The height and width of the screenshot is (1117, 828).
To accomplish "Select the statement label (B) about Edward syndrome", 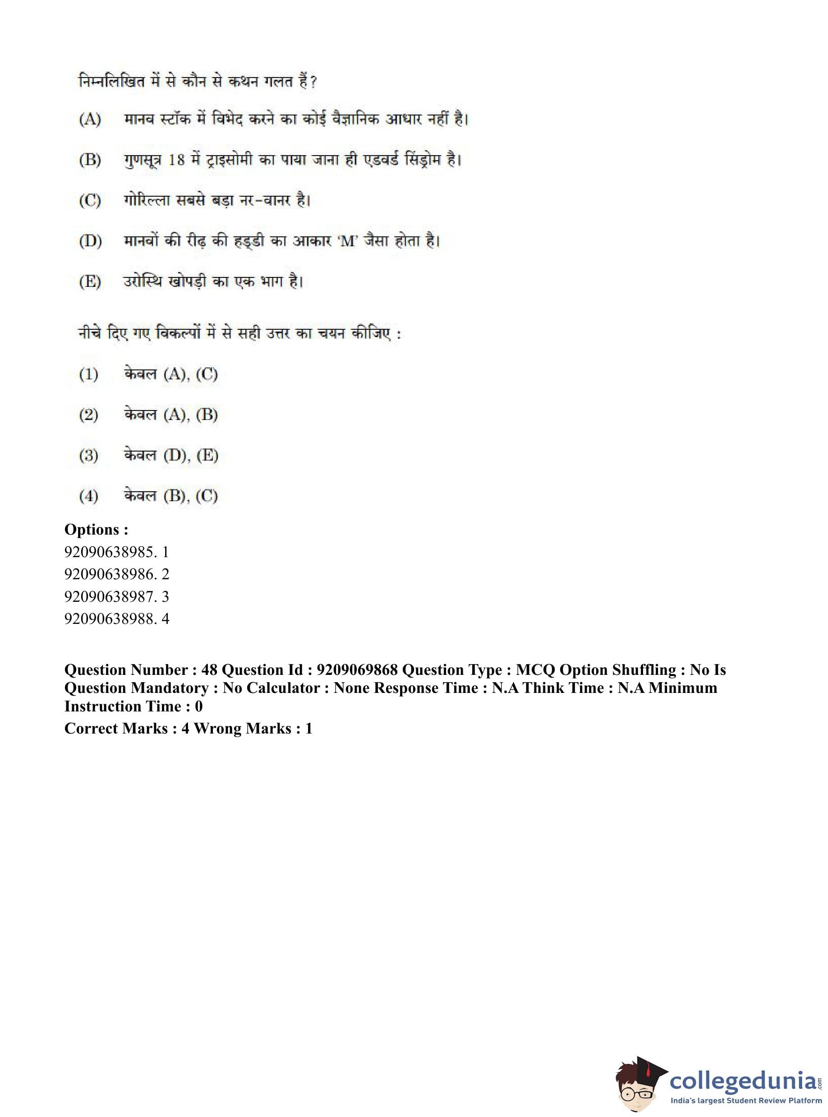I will [x=90, y=160].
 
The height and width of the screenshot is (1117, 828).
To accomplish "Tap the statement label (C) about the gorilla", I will [x=90, y=201].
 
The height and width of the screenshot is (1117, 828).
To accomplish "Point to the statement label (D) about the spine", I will [x=90, y=241].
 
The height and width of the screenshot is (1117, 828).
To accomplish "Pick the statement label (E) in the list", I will [x=90, y=282].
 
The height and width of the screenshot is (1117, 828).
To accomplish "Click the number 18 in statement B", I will [x=176, y=160].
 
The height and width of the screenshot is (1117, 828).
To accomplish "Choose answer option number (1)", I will [x=89, y=374].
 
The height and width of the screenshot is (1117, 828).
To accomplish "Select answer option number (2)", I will [x=89, y=415].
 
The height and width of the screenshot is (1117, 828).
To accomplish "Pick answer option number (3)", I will [x=89, y=455].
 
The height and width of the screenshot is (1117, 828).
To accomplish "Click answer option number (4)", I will [x=89, y=496].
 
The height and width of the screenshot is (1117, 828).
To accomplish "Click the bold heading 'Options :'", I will [x=96, y=530].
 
